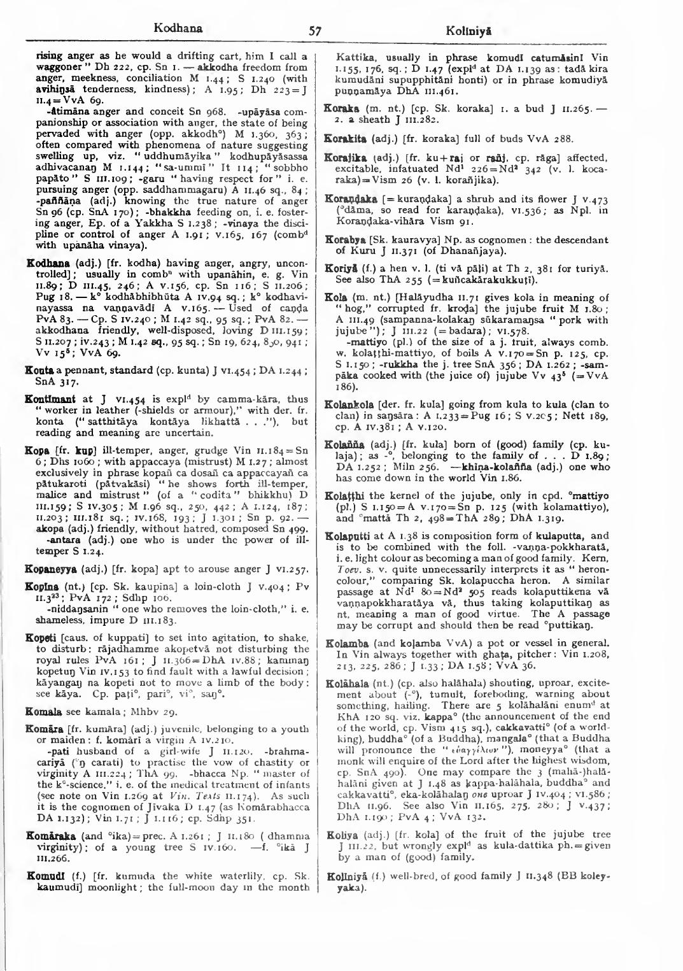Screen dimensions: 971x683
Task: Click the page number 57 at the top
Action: tap(314, 31)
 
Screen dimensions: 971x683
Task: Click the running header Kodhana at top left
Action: tap(178, 28)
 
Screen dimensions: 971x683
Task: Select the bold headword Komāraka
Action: tap(48, 835)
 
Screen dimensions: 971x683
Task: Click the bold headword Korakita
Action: tap(346, 139)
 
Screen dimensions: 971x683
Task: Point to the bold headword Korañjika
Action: tap(348, 158)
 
